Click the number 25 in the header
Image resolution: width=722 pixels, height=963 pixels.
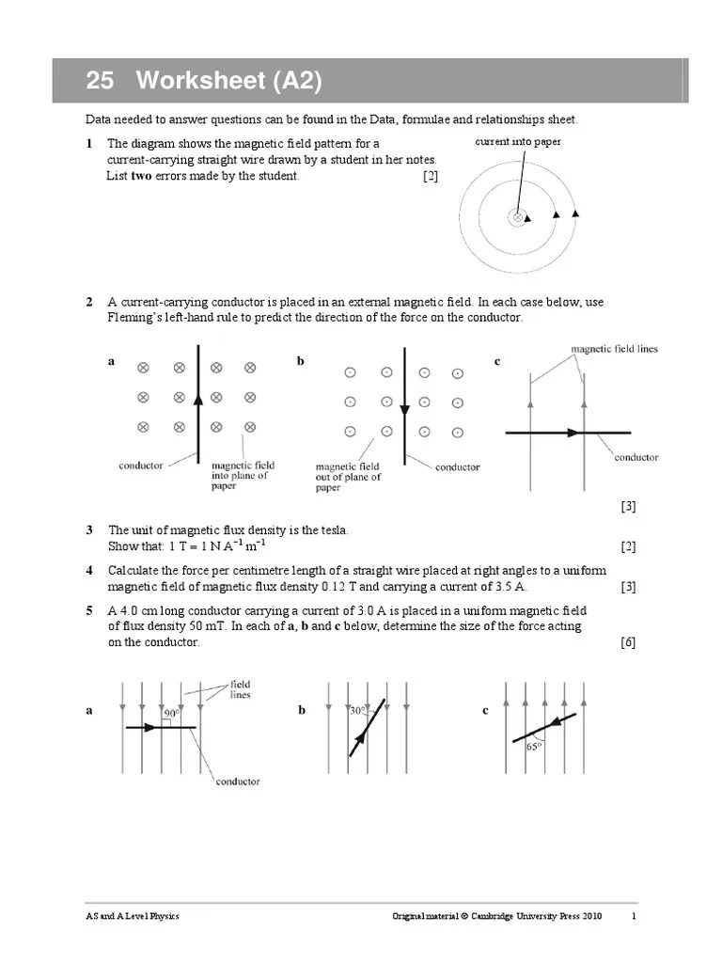pos(100,82)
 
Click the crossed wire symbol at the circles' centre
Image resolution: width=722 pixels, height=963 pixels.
pos(517,217)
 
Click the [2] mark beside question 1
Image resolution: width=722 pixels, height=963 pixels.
pos(430,177)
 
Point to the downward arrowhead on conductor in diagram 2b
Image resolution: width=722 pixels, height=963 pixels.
pos(404,409)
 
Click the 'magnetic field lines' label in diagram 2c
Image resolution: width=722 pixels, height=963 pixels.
pos(614,349)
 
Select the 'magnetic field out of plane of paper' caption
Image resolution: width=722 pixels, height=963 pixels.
pos(348,477)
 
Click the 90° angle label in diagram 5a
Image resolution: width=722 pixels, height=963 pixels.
pos(172,714)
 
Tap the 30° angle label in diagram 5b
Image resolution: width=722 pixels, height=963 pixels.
pos(358,711)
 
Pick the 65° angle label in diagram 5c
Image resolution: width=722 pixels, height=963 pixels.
pos(534,747)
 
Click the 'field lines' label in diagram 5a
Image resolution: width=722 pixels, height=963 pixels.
pos(241,689)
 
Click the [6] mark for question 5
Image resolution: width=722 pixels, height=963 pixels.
pos(628,642)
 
